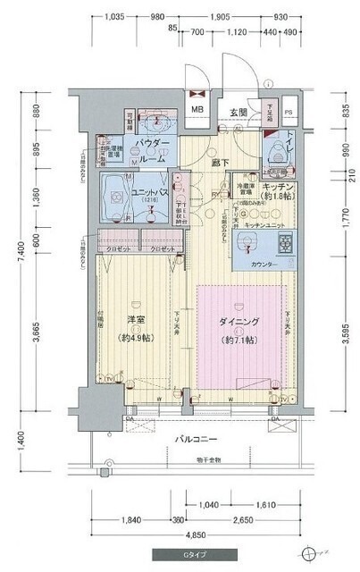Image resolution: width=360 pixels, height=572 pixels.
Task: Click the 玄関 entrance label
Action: pyautogui.click(x=238, y=113)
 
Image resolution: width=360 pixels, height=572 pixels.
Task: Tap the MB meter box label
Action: pyautogui.click(x=198, y=111)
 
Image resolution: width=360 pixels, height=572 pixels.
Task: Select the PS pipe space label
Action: pyautogui.click(x=288, y=113)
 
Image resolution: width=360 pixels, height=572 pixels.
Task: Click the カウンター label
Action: pyautogui.click(x=265, y=265)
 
